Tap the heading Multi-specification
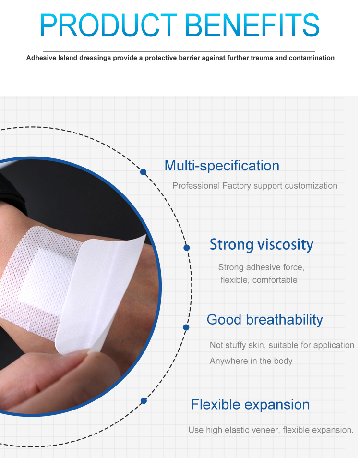[222, 166]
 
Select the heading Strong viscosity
[261, 244]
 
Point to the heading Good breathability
[264, 320]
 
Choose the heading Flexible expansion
[250, 404]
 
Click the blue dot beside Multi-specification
[143, 172]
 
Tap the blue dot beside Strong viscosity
[187, 248]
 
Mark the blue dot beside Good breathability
[186, 327]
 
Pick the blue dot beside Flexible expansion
[144, 400]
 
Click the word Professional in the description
[196, 186]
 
